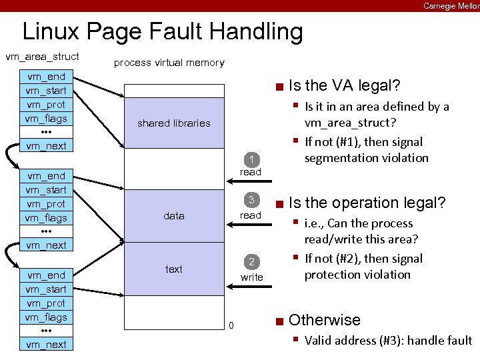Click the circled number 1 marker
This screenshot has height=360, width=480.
(251, 159)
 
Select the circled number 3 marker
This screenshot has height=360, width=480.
(251, 201)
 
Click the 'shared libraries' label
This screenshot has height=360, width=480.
(173, 123)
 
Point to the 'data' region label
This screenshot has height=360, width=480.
(173, 216)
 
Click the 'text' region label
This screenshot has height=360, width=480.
(173, 269)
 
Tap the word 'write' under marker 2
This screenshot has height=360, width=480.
(251, 277)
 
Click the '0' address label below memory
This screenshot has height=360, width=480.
(231, 325)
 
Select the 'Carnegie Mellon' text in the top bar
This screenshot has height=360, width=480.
(451, 5)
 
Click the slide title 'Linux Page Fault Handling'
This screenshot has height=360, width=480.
(162, 31)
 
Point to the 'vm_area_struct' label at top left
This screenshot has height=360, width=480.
(42, 57)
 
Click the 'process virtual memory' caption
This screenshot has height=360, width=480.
(169, 63)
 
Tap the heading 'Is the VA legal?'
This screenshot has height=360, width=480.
(344, 85)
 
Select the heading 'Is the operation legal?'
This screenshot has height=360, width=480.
(367, 203)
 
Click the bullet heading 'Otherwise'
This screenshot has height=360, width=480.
(324, 320)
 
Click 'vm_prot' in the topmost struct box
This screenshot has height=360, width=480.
(45, 105)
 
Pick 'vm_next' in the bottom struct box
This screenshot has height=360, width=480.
(46, 344)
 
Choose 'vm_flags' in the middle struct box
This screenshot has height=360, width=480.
(46, 218)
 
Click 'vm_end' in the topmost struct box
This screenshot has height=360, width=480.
(45, 77)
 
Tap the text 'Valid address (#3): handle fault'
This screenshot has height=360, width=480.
(387, 341)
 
